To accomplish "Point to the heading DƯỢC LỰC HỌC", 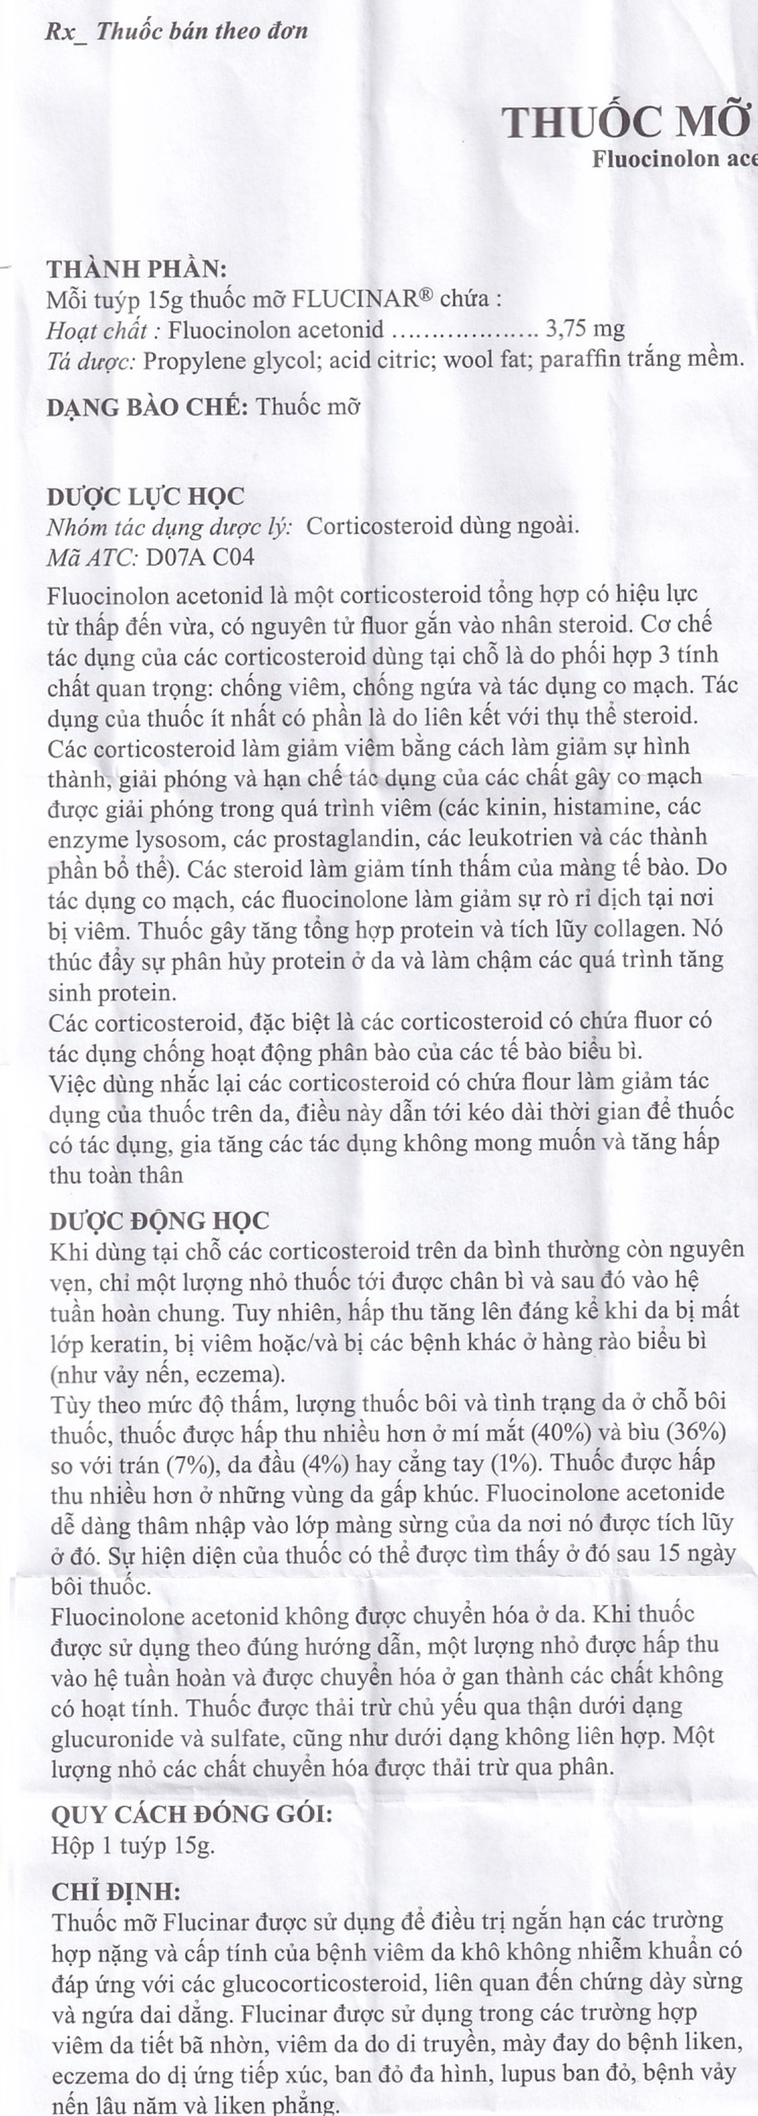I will [x=145, y=496].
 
